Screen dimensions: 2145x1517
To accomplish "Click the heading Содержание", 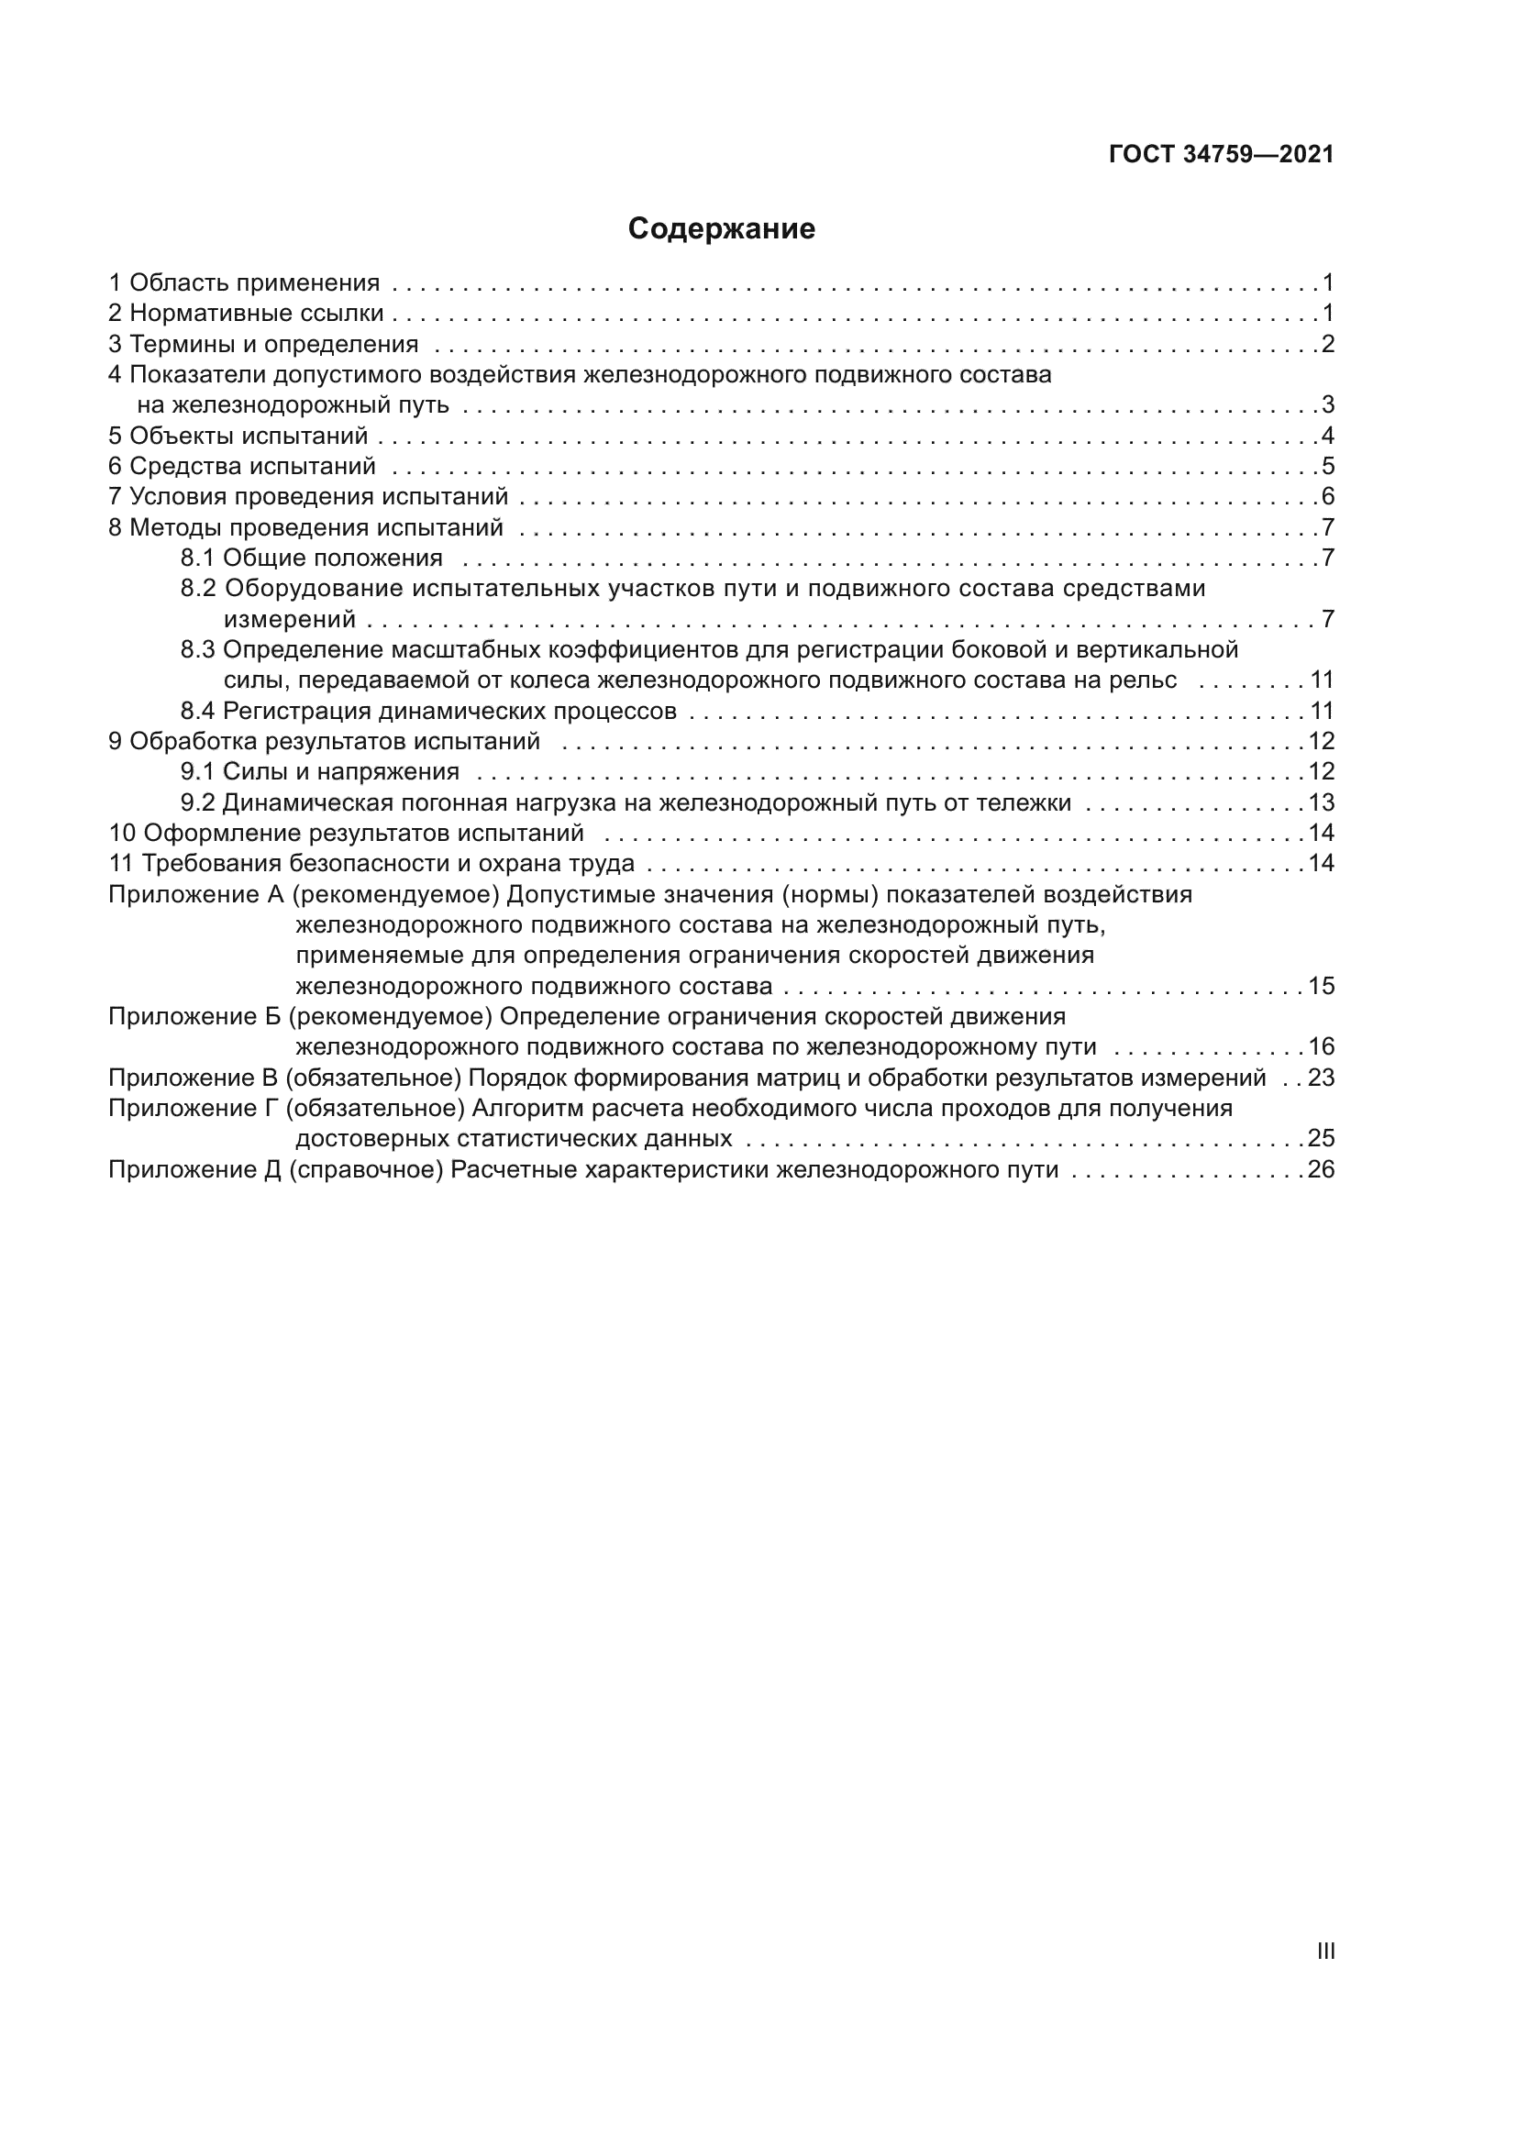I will click(x=721, y=229).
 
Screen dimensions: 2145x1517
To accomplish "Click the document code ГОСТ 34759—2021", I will click(x=1221, y=154).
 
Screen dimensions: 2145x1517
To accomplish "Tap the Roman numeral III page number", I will click(x=1324, y=1951).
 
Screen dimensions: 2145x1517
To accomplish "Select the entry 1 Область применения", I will click(x=244, y=282).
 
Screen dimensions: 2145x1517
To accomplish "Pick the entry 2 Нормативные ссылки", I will click(x=246, y=313).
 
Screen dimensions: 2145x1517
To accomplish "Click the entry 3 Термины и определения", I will click(x=263, y=344).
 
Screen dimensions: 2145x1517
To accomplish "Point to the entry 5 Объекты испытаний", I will click(x=238, y=436).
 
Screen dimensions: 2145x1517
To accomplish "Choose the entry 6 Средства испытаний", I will click(x=242, y=465).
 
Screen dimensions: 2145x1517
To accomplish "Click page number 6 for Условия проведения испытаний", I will click(x=1327, y=496).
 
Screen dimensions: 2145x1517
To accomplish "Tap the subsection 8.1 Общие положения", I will click(x=311, y=558).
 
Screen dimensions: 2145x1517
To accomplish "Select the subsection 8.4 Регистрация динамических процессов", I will click(x=427, y=711).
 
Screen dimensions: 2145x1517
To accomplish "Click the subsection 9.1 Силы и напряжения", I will click(x=319, y=771).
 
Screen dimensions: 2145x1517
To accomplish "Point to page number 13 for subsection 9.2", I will click(x=1321, y=802).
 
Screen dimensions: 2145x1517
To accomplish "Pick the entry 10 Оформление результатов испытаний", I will click(x=346, y=833).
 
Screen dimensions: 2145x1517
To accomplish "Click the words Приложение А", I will click(x=196, y=894).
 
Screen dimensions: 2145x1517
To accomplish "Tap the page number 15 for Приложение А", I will click(x=1321, y=986).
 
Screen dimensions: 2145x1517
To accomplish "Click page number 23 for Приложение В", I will click(x=1321, y=1078).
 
